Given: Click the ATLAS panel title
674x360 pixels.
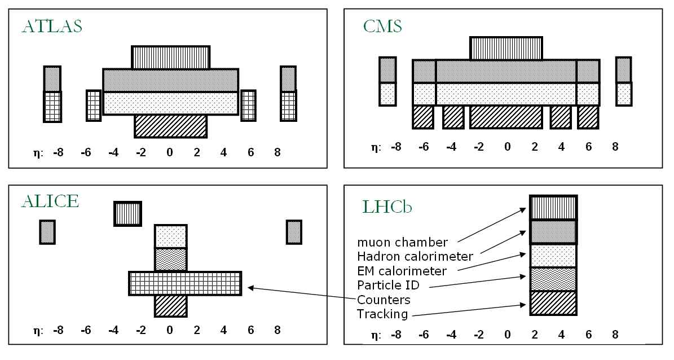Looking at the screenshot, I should (x=51, y=27).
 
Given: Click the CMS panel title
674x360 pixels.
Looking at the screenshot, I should (x=383, y=27).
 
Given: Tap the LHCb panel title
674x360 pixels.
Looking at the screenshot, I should (x=387, y=207).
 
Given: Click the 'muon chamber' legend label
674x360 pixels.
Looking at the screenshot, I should (x=402, y=242).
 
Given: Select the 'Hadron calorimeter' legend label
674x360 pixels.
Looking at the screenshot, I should (x=415, y=257).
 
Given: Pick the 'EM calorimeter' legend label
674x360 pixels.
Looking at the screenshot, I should (x=402, y=271).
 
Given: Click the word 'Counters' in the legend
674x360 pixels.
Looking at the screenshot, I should (x=384, y=299).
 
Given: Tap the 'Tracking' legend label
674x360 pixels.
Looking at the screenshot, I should (x=382, y=313).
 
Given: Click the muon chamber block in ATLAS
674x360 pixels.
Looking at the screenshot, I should (x=171, y=57).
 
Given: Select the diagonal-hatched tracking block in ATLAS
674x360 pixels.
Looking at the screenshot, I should (x=171, y=126).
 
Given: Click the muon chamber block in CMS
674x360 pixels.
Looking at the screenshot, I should (x=506, y=48).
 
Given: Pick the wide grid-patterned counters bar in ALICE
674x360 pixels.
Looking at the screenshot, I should (x=186, y=283).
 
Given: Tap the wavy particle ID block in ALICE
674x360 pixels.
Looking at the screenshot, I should (x=171, y=259).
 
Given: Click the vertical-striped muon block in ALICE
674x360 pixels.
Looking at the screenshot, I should (x=127, y=213).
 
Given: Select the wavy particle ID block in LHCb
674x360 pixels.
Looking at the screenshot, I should (x=553, y=279).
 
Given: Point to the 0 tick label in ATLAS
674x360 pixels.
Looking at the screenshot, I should (x=169, y=152).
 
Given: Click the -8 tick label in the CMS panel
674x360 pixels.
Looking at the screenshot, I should (x=397, y=147).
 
